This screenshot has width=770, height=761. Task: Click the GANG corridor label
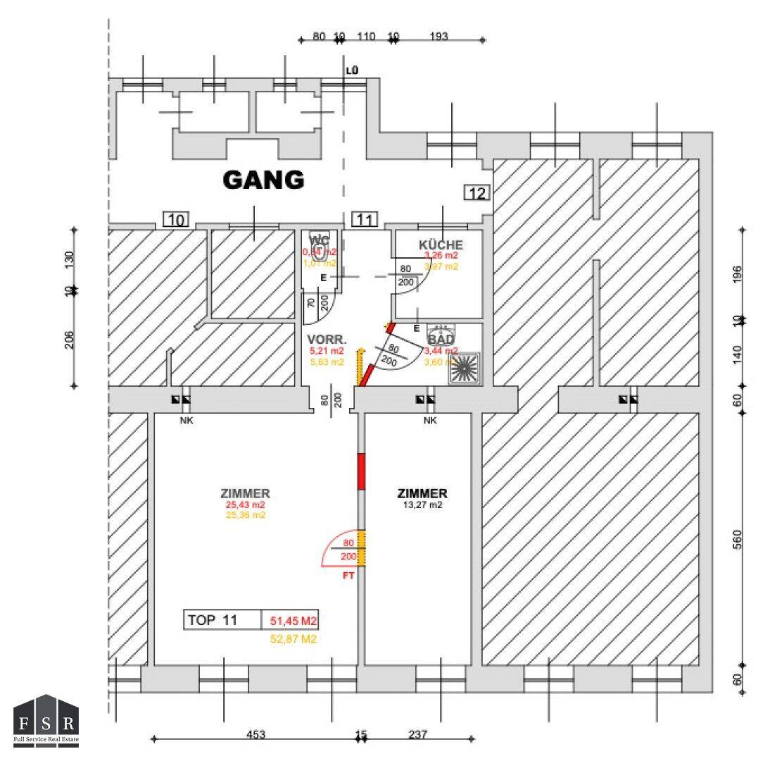point(263,180)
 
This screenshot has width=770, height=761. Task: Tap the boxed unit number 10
point(176,219)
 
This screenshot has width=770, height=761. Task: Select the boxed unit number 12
point(477,192)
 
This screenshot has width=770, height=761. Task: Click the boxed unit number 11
point(364,219)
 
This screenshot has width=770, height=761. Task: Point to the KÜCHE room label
point(441,245)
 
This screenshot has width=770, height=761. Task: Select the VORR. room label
point(324,338)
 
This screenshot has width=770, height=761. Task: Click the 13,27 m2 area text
point(422,505)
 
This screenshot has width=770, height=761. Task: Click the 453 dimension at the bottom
point(255,734)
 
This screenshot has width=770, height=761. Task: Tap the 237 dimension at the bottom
point(417,734)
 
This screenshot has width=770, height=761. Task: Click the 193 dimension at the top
point(438,37)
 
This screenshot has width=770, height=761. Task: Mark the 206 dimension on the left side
point(70,340)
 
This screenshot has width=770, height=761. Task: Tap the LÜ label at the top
point(352,70)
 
